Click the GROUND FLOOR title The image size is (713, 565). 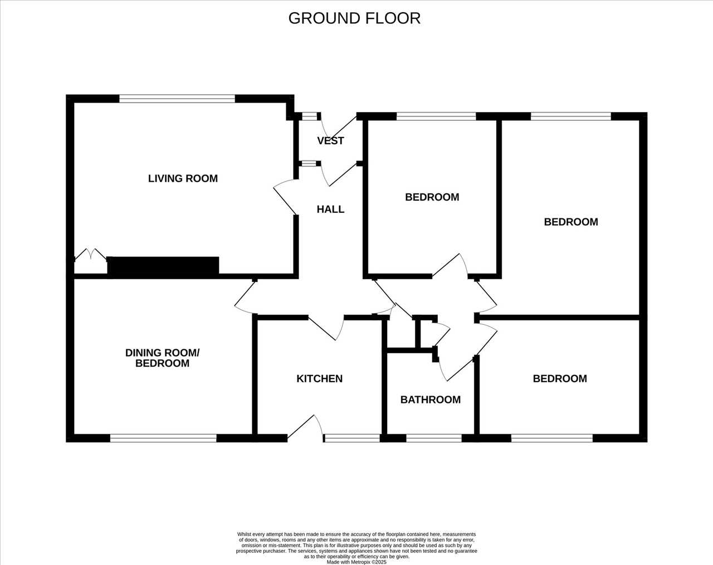tap(354, 18)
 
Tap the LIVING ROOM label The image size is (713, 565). tap(183, 179)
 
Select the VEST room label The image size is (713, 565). tap(330, 141)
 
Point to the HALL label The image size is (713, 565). tap(330, 209)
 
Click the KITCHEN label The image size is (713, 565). tap(319, 378)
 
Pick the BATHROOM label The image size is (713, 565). tap(431, 400)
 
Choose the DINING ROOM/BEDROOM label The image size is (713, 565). tap(162, 358)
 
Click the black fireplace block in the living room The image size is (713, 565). tap(163, 266)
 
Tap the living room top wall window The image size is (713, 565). tap(177, 99)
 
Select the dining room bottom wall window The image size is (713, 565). tap(163, 438)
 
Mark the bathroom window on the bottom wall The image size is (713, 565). tap(434, 438)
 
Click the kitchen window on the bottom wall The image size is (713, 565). tap(352, 438)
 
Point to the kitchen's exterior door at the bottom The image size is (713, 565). tap(305, 428)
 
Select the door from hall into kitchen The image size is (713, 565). tap(326, 328)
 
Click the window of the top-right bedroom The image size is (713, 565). tap(571, 116)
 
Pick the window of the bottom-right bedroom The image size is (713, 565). tap(551, 438)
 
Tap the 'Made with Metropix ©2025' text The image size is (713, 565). tap(356, 562)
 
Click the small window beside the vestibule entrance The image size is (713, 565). tap(310, 116)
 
